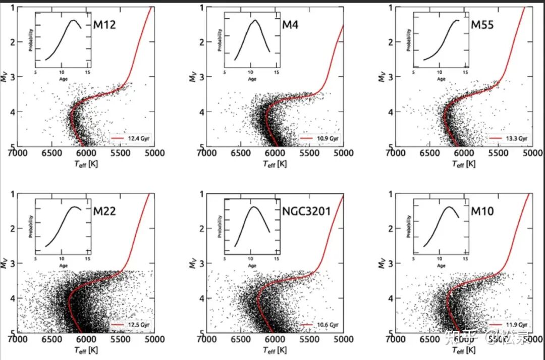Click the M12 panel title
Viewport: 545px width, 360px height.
pyautogui.click(x=104, y=25)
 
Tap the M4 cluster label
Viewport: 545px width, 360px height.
pyautogui.click(x=290, y=25)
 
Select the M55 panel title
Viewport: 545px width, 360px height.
pyautogui.click(x=483, y=25)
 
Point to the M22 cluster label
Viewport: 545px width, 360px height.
pyautogui.click(x=104, y=211)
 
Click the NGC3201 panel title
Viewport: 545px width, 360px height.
pyautogui.click(x=306, y=211)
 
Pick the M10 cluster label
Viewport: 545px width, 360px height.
pyautogui.click(x=483, y=211)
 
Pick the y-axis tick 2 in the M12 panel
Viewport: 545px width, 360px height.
pyautogui.click(x=12, y=42)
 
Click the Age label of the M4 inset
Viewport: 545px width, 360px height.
pyautogui.click(x=252, y=79)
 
